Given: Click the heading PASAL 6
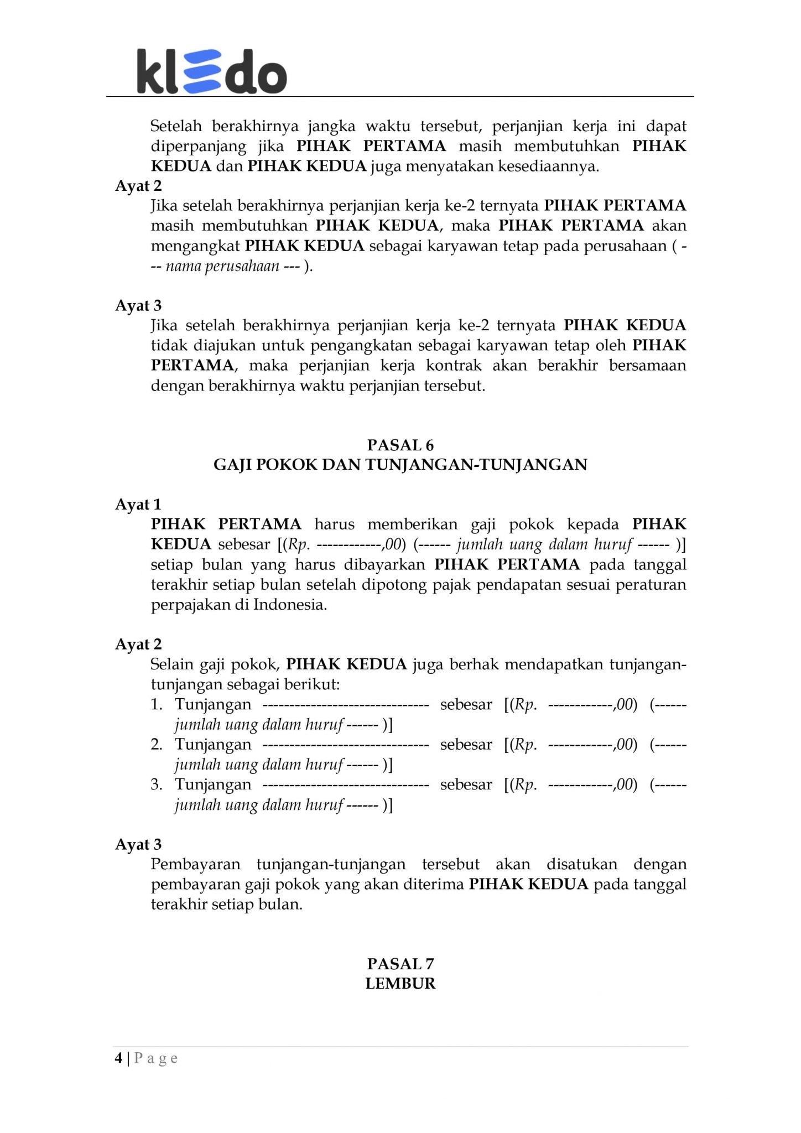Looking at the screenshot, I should point(400,445).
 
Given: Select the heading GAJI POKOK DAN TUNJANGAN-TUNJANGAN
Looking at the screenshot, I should point(400,465).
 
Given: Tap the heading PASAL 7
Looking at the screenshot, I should point(400,964).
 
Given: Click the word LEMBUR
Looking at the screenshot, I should point(400,984).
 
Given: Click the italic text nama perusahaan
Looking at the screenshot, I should point(222,266).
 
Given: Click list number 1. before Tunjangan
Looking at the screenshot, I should point(157,705).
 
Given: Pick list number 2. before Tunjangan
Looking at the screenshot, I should point(157,745).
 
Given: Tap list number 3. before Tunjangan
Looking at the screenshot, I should point(157,784).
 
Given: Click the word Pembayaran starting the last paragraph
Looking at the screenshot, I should point(195,864).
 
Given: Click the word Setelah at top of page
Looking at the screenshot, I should point(178,126).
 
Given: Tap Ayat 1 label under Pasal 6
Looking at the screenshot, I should point(138,505).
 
